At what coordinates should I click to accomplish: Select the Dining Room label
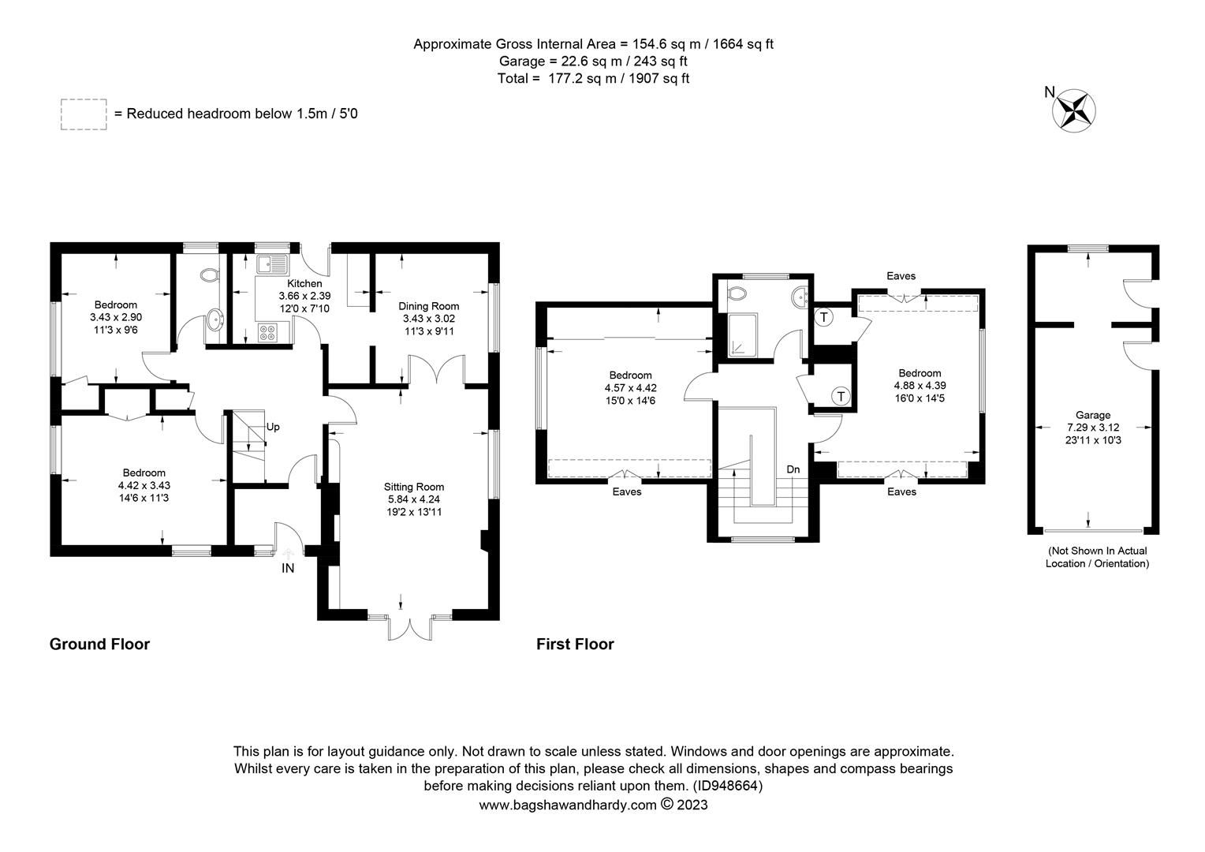click(x=428, y=306)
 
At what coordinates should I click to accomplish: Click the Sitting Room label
click(x=414, y=487)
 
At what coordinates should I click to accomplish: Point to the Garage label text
click(x=1092, y=415)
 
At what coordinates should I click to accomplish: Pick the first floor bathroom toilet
click(x=736, y=293)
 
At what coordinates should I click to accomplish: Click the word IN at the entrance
click(x=288, y=568)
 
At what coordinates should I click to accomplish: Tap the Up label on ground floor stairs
click(x=273, y=428)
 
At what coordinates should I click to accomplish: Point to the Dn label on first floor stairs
click(x=793, y=469)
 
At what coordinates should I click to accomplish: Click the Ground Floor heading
click(x=99, y=644)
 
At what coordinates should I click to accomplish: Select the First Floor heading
click(x=575, y=644)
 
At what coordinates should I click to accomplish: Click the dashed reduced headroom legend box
click(x=84, y=114)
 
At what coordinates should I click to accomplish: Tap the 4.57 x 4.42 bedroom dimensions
click(x=630, y=388)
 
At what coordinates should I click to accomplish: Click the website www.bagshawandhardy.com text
click(x=568, y=805)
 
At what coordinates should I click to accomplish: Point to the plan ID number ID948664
click(x=727, y=786)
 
